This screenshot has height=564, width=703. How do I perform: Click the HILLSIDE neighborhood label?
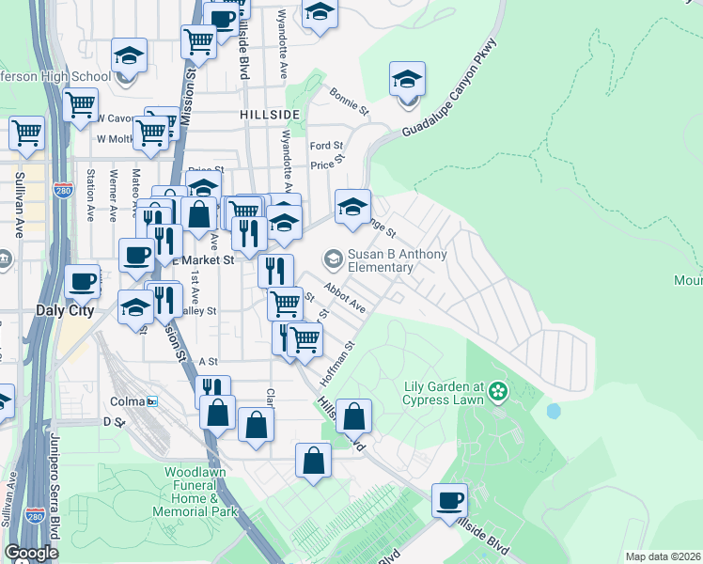coord(270,114)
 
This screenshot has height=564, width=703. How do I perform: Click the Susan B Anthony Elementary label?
coord(381,259)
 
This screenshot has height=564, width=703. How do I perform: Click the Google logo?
coord(31,553)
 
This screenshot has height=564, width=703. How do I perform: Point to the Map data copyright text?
coord(663,556)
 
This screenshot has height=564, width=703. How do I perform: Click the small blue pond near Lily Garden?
coord(553,411)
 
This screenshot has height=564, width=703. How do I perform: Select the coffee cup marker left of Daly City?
coord(82,281)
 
